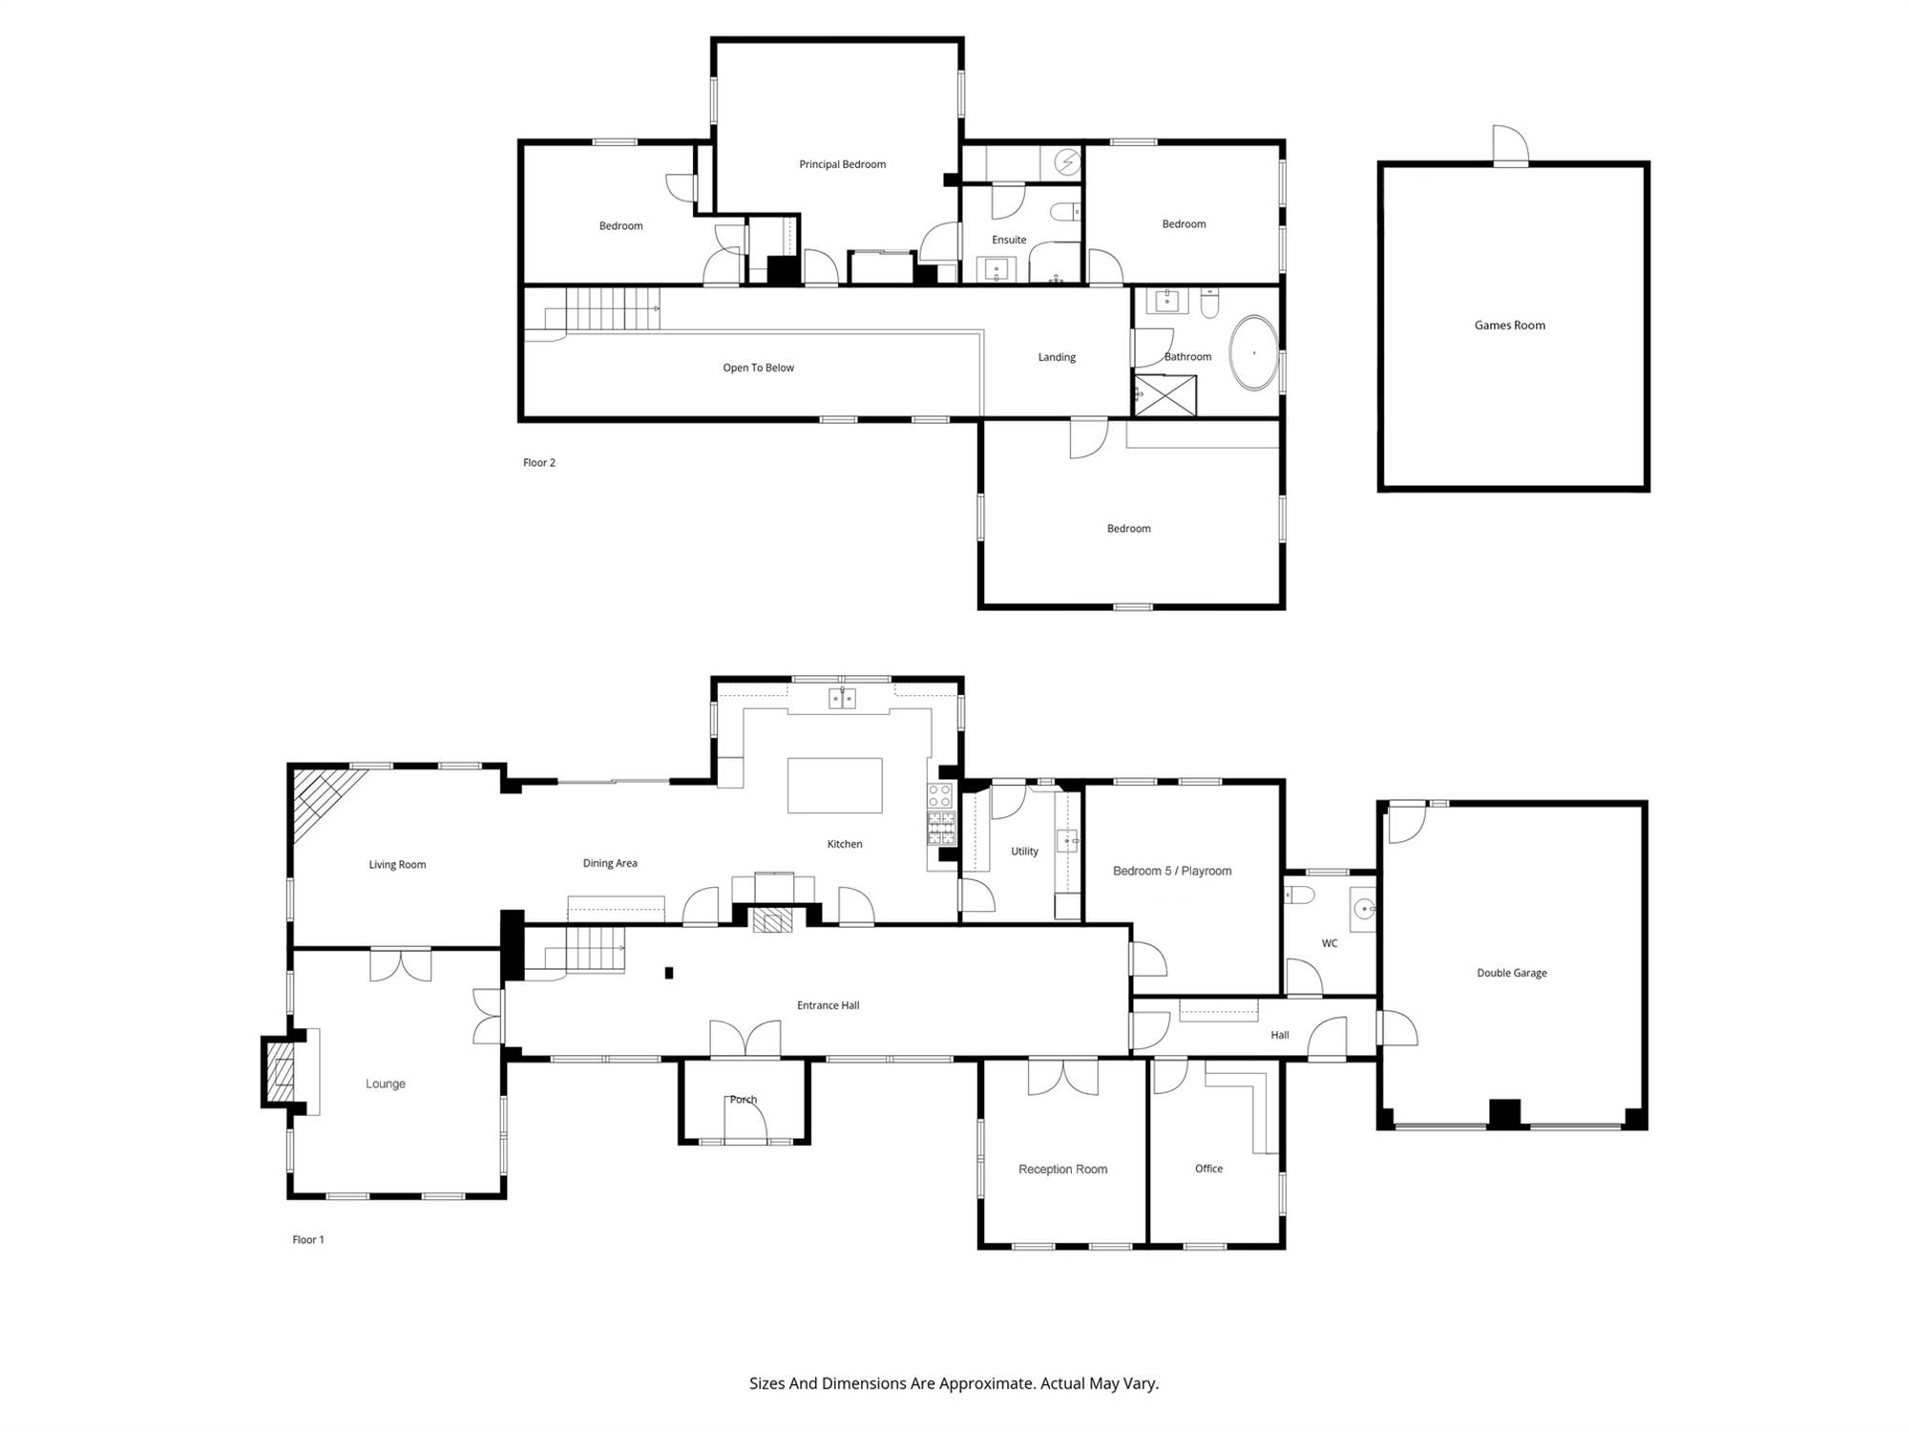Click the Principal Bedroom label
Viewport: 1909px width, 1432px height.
842,164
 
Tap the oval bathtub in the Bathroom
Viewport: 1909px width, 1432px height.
1253,352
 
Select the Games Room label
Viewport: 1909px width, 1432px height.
1509,326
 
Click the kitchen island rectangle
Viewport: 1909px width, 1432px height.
834,785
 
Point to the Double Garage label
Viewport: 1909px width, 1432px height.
1512,973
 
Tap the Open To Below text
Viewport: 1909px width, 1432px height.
758,368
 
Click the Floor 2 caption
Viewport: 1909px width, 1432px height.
538,463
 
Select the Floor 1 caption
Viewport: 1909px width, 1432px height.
308,1240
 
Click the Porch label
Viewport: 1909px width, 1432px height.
744,1100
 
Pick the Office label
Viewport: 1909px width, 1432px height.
1208,1169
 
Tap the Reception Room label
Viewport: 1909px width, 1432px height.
1062,1169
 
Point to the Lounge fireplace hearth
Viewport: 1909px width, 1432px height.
281,1071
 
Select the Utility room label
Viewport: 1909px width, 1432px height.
1024,852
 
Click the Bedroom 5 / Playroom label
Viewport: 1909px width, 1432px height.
1172,871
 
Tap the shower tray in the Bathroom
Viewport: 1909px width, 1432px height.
1164,395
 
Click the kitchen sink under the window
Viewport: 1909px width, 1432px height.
842,698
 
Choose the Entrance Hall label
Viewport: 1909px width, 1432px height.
829,1005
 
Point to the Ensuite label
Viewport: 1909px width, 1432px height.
1009,240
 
